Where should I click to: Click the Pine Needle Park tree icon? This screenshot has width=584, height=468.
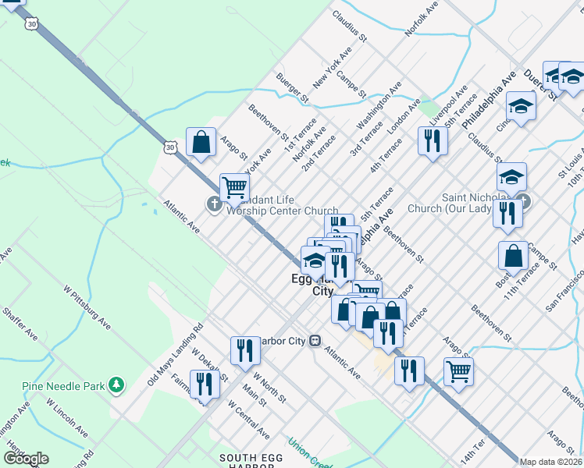point(116,384)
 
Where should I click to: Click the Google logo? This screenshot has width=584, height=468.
point(26,459)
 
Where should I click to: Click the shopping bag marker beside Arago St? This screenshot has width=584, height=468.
point(201,143)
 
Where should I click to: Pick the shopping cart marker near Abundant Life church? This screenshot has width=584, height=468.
point(234,186)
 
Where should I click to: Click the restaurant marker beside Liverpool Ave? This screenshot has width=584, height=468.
point(432,140)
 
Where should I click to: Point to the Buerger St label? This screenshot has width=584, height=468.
point(292,88)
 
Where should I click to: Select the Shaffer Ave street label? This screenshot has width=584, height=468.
point(20,321)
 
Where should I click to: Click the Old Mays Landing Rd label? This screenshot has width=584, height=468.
point(175,354)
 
